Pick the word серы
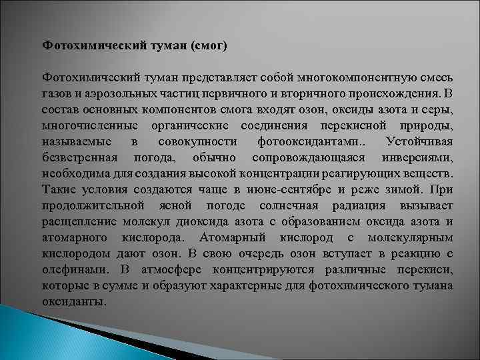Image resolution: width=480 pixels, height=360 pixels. coord(436,109)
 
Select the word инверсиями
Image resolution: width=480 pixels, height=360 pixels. coord(418,157)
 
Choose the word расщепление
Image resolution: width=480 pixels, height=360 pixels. coord(76,221)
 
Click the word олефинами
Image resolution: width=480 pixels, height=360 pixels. coord(71,269)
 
